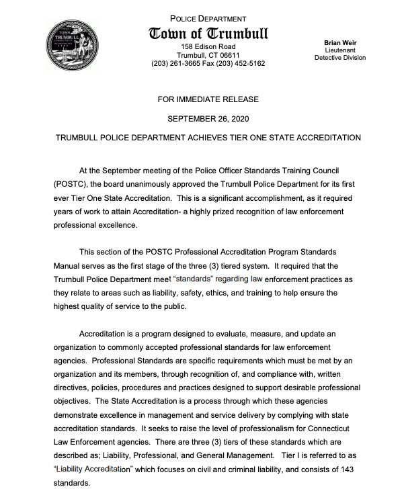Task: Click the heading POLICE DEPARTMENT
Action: (x=208, y=19)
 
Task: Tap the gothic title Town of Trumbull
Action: (x=208, y=34)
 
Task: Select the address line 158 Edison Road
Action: (x=208, y=46)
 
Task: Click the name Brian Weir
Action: (x=340, y=42)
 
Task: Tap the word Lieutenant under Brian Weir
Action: (x=340, y=50)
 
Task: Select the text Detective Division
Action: (x=340, y=58)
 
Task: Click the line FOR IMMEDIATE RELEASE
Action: (x=208, y=99)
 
